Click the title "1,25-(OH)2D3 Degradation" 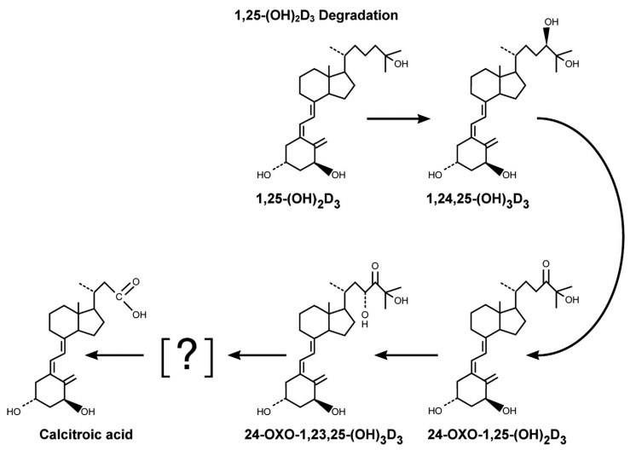coord(316,15)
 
